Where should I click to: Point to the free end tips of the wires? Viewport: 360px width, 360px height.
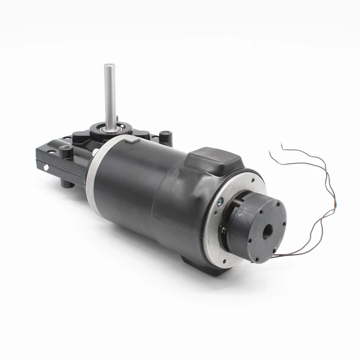272,153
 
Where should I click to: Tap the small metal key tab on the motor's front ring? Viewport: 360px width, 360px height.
131,141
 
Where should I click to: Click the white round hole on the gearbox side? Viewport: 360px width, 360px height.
46,168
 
